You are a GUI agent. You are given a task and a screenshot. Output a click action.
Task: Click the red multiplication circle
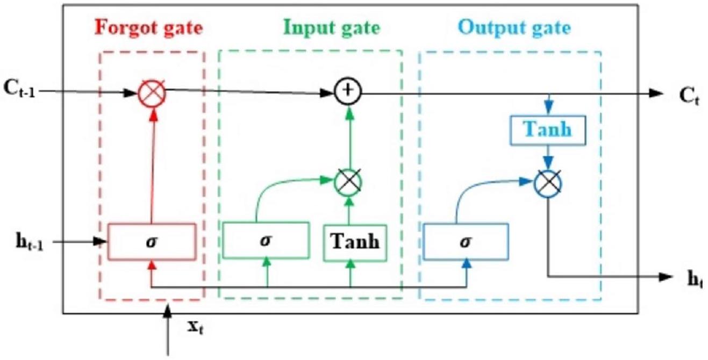(x=152, y=92)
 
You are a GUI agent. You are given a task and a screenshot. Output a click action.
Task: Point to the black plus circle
(x=349, y=92)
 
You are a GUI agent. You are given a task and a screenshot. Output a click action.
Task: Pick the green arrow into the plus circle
(x=349, y=137)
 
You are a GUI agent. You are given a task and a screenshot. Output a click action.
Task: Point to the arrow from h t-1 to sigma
(x=81, y=241)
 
